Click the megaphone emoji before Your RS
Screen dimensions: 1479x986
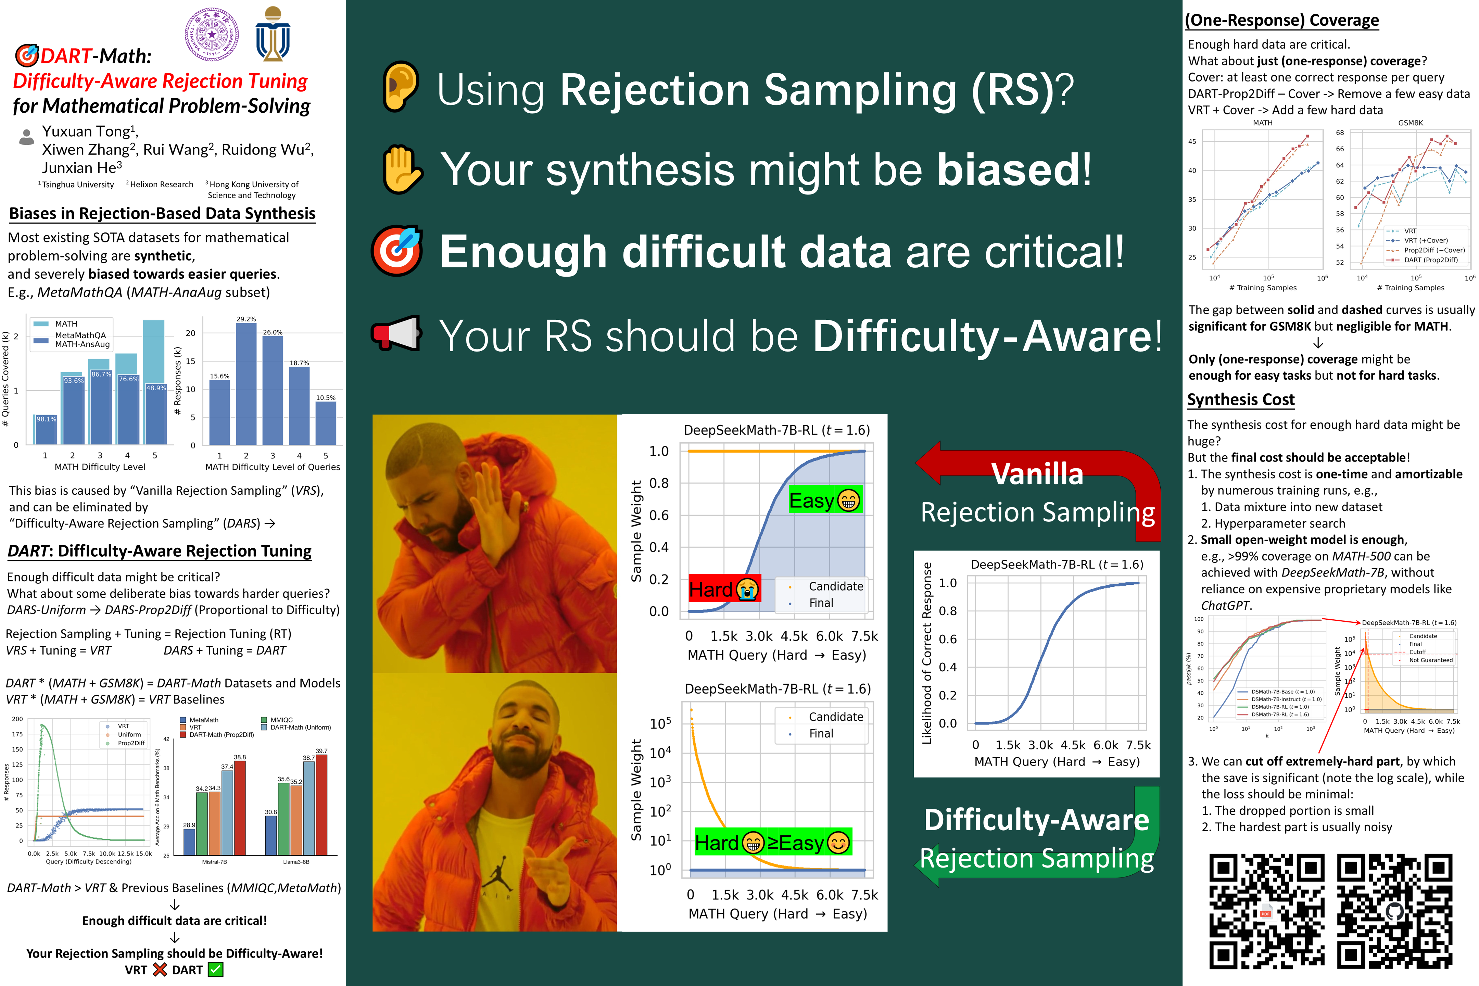click(x=395, y=333)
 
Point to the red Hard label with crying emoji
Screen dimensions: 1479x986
click(x=724, y=589)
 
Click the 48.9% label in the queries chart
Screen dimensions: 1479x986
click(x=156, y=388)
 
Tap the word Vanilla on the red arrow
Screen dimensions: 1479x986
click(x=1038, y=473)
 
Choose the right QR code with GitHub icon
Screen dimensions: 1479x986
click(x=1395, y=911)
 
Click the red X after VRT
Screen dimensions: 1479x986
click(x=160, y=970)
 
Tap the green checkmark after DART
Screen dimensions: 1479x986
click(x=216, y=970)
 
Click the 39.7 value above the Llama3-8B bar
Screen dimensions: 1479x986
click(x=321, y=751)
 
